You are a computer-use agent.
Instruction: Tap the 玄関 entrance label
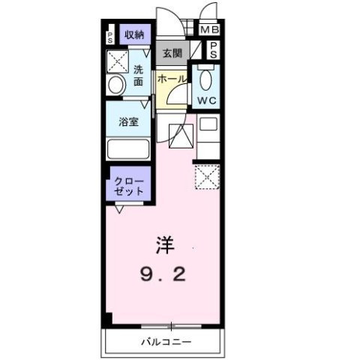point(172,52)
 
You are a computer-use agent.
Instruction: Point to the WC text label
point(207,100)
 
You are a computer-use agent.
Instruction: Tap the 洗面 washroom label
point(139,76)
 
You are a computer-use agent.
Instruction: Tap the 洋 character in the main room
point(163,244)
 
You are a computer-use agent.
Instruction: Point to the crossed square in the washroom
point(117,59)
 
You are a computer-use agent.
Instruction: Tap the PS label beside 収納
point(110,36)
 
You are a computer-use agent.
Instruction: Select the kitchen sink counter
point(208,136)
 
